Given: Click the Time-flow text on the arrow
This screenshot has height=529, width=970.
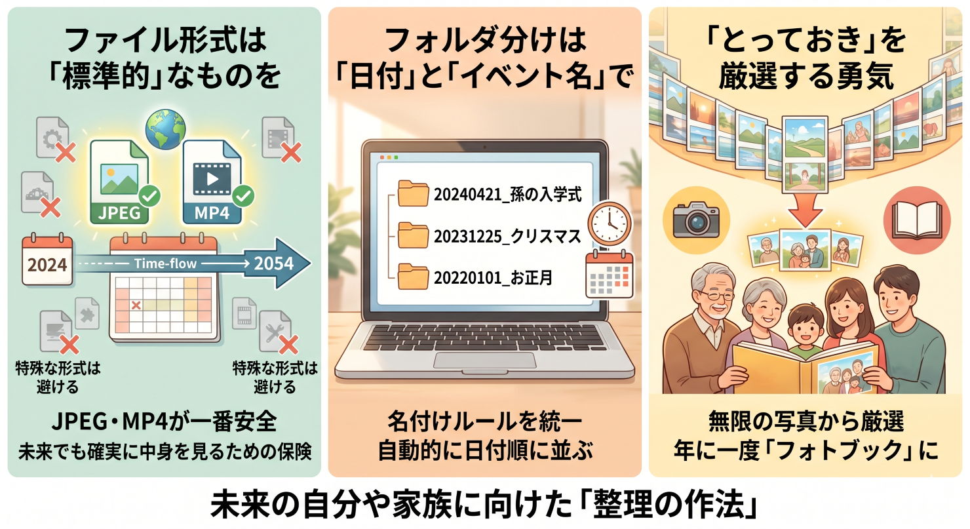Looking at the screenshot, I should coord(166,263).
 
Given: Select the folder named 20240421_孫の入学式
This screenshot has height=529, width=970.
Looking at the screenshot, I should coord(413,194).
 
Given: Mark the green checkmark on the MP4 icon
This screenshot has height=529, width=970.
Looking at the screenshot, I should coord(244,195).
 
